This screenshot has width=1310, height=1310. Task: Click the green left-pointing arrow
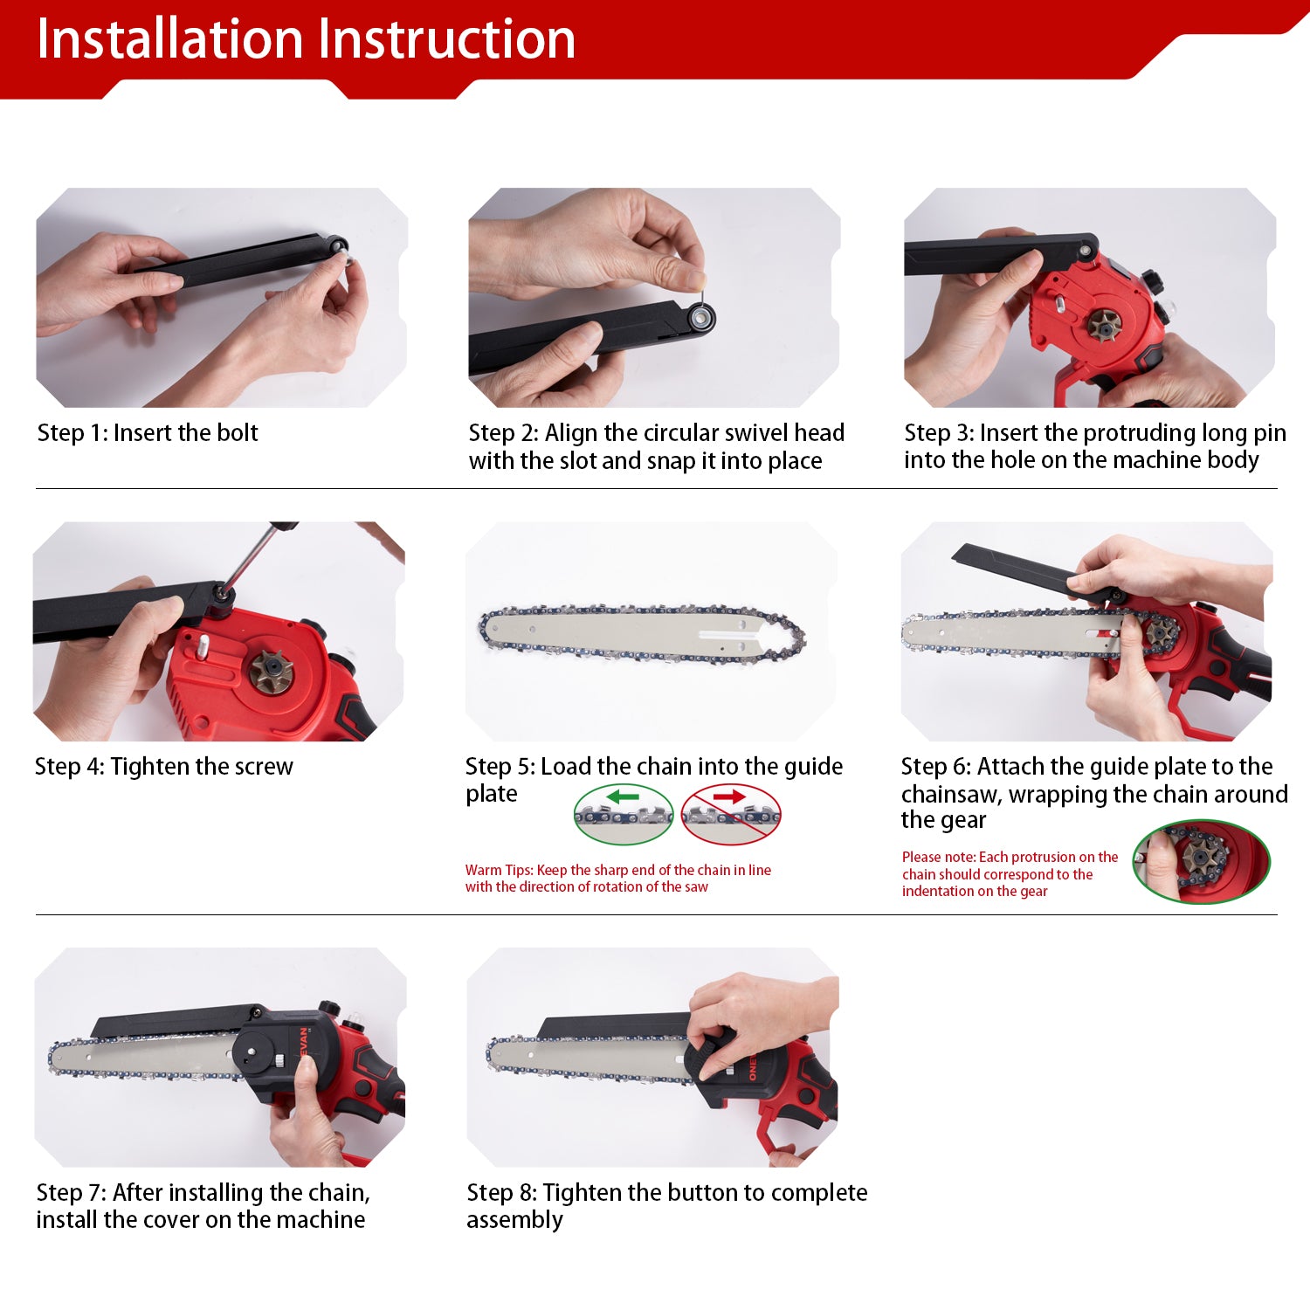point(624,796)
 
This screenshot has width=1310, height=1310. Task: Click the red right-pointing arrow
point(728,796)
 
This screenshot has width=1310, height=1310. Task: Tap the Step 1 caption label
point(148,433)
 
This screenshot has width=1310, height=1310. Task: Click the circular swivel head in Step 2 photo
point(700,317)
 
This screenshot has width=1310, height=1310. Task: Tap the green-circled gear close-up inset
point(1201,861)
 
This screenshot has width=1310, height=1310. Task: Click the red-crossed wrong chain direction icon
point(731,814)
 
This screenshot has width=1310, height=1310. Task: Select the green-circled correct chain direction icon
point(624,814)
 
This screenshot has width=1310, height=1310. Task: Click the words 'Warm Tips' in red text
point(499,870)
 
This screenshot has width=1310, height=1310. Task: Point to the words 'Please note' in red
point(939,858)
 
